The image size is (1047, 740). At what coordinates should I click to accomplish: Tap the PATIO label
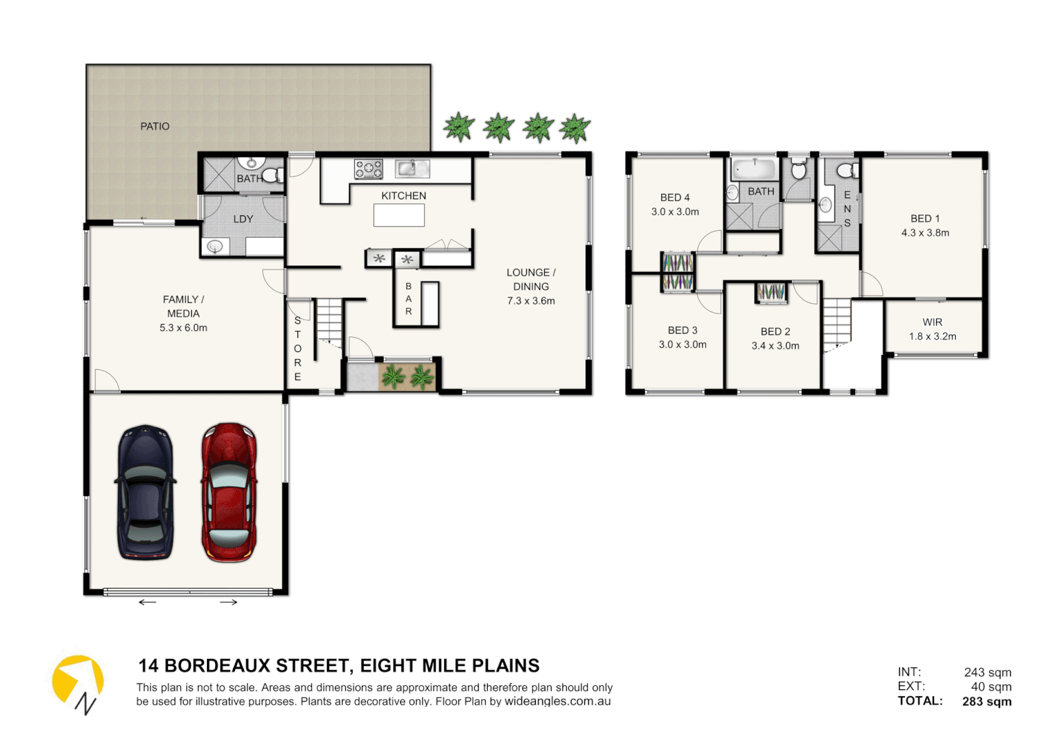(155, 127)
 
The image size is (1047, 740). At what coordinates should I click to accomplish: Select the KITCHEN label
(404, 196)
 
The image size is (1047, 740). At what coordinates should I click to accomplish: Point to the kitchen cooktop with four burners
(369, 169)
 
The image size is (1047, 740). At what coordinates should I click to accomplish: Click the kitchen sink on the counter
(412, 168)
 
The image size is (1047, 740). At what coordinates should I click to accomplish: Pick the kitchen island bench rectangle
(399, 216)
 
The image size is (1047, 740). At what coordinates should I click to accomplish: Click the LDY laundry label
(243, 219)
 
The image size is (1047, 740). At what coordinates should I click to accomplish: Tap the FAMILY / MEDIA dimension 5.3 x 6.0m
(184, 328)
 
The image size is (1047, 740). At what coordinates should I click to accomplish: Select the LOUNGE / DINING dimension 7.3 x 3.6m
(531, 301)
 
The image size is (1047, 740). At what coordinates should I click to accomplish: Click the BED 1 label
(925, 219)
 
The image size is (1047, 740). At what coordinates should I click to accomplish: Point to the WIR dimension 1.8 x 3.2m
(933, 336)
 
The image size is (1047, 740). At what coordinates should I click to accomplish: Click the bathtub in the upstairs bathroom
(754, 168)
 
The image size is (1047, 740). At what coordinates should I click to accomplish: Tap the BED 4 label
(675, 197)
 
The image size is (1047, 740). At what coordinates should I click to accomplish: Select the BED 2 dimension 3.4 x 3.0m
(775, 346)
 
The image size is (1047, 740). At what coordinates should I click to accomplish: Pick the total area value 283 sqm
(987, 702)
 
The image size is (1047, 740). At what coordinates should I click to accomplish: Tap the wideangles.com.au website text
(557, 702)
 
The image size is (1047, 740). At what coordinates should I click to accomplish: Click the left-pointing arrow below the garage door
(147, 602)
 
